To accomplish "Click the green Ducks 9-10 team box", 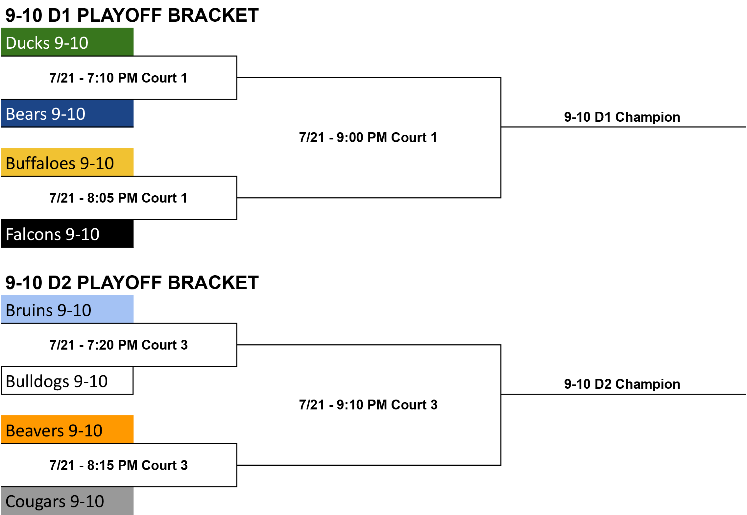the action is tap(67, 42).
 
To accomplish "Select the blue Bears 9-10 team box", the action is tap(67, 113).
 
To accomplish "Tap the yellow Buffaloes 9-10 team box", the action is tap(67, 162).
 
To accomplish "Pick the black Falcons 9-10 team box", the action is tap(67, 233).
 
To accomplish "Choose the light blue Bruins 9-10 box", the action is tap(67, 309).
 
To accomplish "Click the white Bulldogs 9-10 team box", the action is tap(67, 380).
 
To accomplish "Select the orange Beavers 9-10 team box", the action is tap(67, 429).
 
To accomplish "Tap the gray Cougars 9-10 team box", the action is tap(67, 501).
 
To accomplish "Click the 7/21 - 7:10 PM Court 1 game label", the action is tap(118, 78).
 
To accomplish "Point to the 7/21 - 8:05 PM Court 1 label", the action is tap(118, 198).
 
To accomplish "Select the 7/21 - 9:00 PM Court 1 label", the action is tap(368, 137).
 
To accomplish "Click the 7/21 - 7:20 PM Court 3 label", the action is tap(118, 345).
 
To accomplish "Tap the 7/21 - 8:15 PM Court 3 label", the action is tap(118, 465).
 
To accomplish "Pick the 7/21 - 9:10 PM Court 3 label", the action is tap(368, 405).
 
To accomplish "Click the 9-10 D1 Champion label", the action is tap(622, 117).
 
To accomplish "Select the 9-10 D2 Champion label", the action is tap(622, 384).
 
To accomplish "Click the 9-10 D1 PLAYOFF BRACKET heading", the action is tap(132, 15).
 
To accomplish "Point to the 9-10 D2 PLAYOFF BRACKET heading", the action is tap(132, 282).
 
